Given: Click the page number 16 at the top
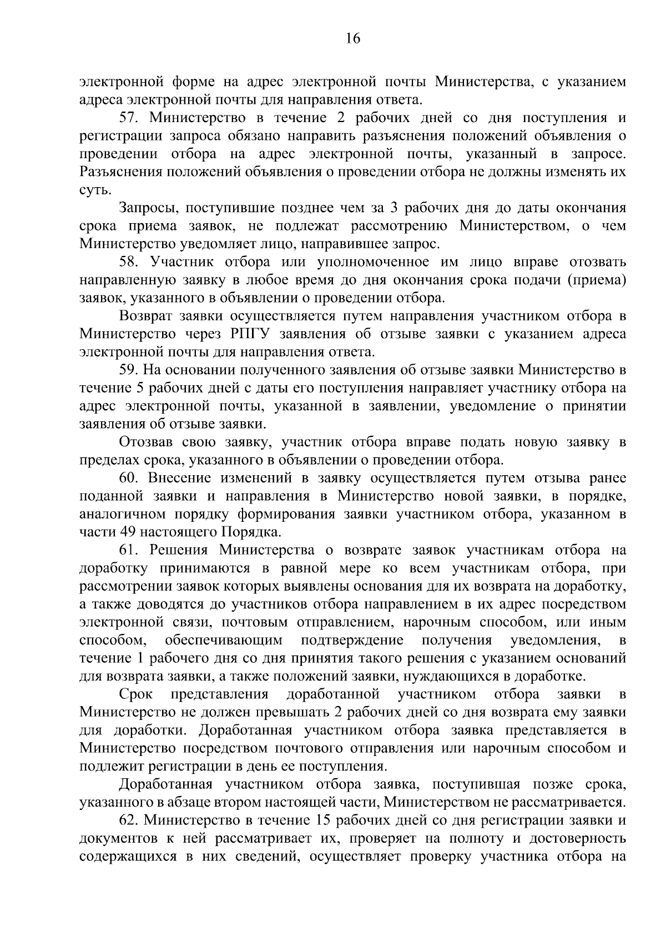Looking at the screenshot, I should point(353,38).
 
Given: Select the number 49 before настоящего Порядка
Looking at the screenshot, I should point(127,532).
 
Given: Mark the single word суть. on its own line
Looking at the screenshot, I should point(95,190).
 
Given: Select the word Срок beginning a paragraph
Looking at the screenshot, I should point(135,694).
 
